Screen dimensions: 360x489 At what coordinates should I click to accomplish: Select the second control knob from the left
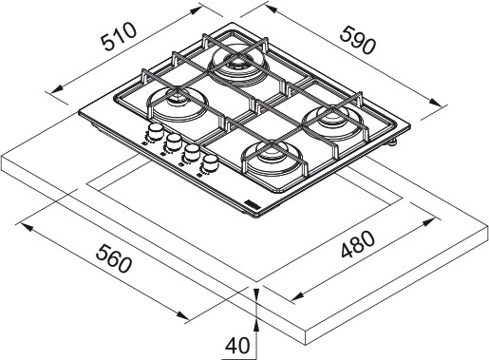point(172,143)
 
